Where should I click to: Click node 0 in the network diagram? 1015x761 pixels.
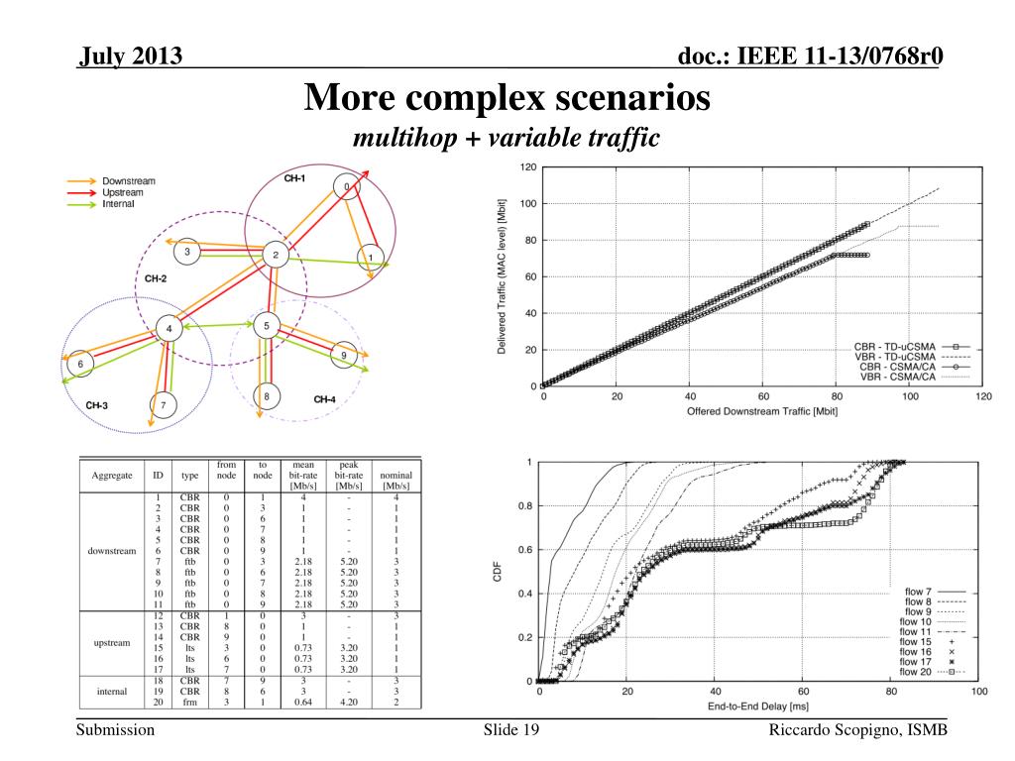(x=346, y=186)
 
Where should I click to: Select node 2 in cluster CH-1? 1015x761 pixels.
(x=275, y=256)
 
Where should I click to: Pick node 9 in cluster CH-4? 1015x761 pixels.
(x=343, y=355)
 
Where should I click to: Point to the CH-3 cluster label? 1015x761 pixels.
(x=96, y=405)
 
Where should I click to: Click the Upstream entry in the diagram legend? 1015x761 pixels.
(x=122, y=192)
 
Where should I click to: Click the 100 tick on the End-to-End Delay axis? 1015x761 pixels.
(x=978, y=692)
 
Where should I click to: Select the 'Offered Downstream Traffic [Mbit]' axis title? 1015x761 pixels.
(x=762, y=411)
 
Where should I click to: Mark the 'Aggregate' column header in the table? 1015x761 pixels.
(x=112, y=476)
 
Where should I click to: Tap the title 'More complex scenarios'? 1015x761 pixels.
(x=507, y=98)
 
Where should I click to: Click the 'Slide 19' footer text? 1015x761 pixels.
(x=511, y=730)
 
